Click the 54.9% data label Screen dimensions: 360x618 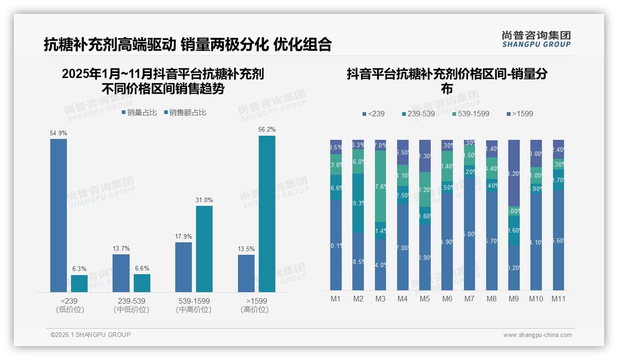(x=58, y=133)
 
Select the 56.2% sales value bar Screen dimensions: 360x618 (x=267, y=214)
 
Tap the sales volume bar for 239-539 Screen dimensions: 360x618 (x=121, y=273)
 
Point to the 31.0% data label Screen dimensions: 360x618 (x=204, y=200)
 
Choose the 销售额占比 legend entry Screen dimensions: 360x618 (x=185, y=113)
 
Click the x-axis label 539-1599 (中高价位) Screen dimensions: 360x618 (x=194, y=305)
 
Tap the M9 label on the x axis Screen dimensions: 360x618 (x=513, y=299)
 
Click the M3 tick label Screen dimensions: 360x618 (x=380, y=299)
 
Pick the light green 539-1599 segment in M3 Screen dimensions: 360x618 (x=380, y=186)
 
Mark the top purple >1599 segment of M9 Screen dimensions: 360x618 (x=513, y=173)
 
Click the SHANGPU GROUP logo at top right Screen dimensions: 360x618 (x=536, y=39)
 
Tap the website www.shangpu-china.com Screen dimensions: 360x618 (x=537, y=335)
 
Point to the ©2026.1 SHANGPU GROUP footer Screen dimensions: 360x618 (x=90, y=335)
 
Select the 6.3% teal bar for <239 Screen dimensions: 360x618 (x=79, y=283)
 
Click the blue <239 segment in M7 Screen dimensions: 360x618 (x=469, y=234)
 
